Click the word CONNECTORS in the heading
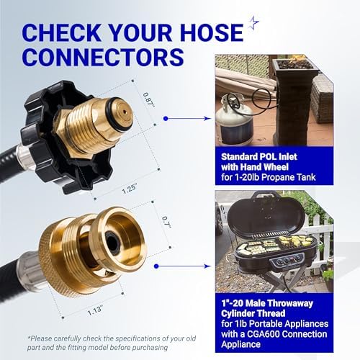[104, 57]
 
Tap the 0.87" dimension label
[148, 100]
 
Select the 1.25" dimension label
[130, 189]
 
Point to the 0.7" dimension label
[166, 222]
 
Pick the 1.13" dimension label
[95, 310]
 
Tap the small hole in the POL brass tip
[125, 112]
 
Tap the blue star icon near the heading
[253, 22]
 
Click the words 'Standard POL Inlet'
[259, 157]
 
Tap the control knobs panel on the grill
[287, 260]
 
